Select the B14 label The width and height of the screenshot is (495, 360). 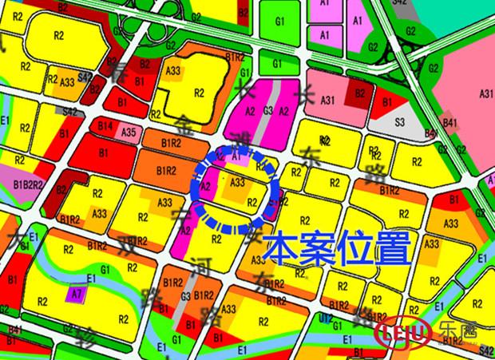[x=105, y=126]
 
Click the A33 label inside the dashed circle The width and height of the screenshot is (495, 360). [x=237, y=183]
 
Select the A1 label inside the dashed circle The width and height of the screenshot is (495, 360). [x=235, y=158]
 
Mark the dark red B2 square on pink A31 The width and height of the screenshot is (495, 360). [x=359, y=93]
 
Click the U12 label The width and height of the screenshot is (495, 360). [x=326, y=318]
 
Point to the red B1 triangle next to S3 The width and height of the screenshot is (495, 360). [x=388, y=102]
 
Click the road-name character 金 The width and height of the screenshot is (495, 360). [x=185, y=121]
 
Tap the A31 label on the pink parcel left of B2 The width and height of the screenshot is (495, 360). [x=326, y=100]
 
